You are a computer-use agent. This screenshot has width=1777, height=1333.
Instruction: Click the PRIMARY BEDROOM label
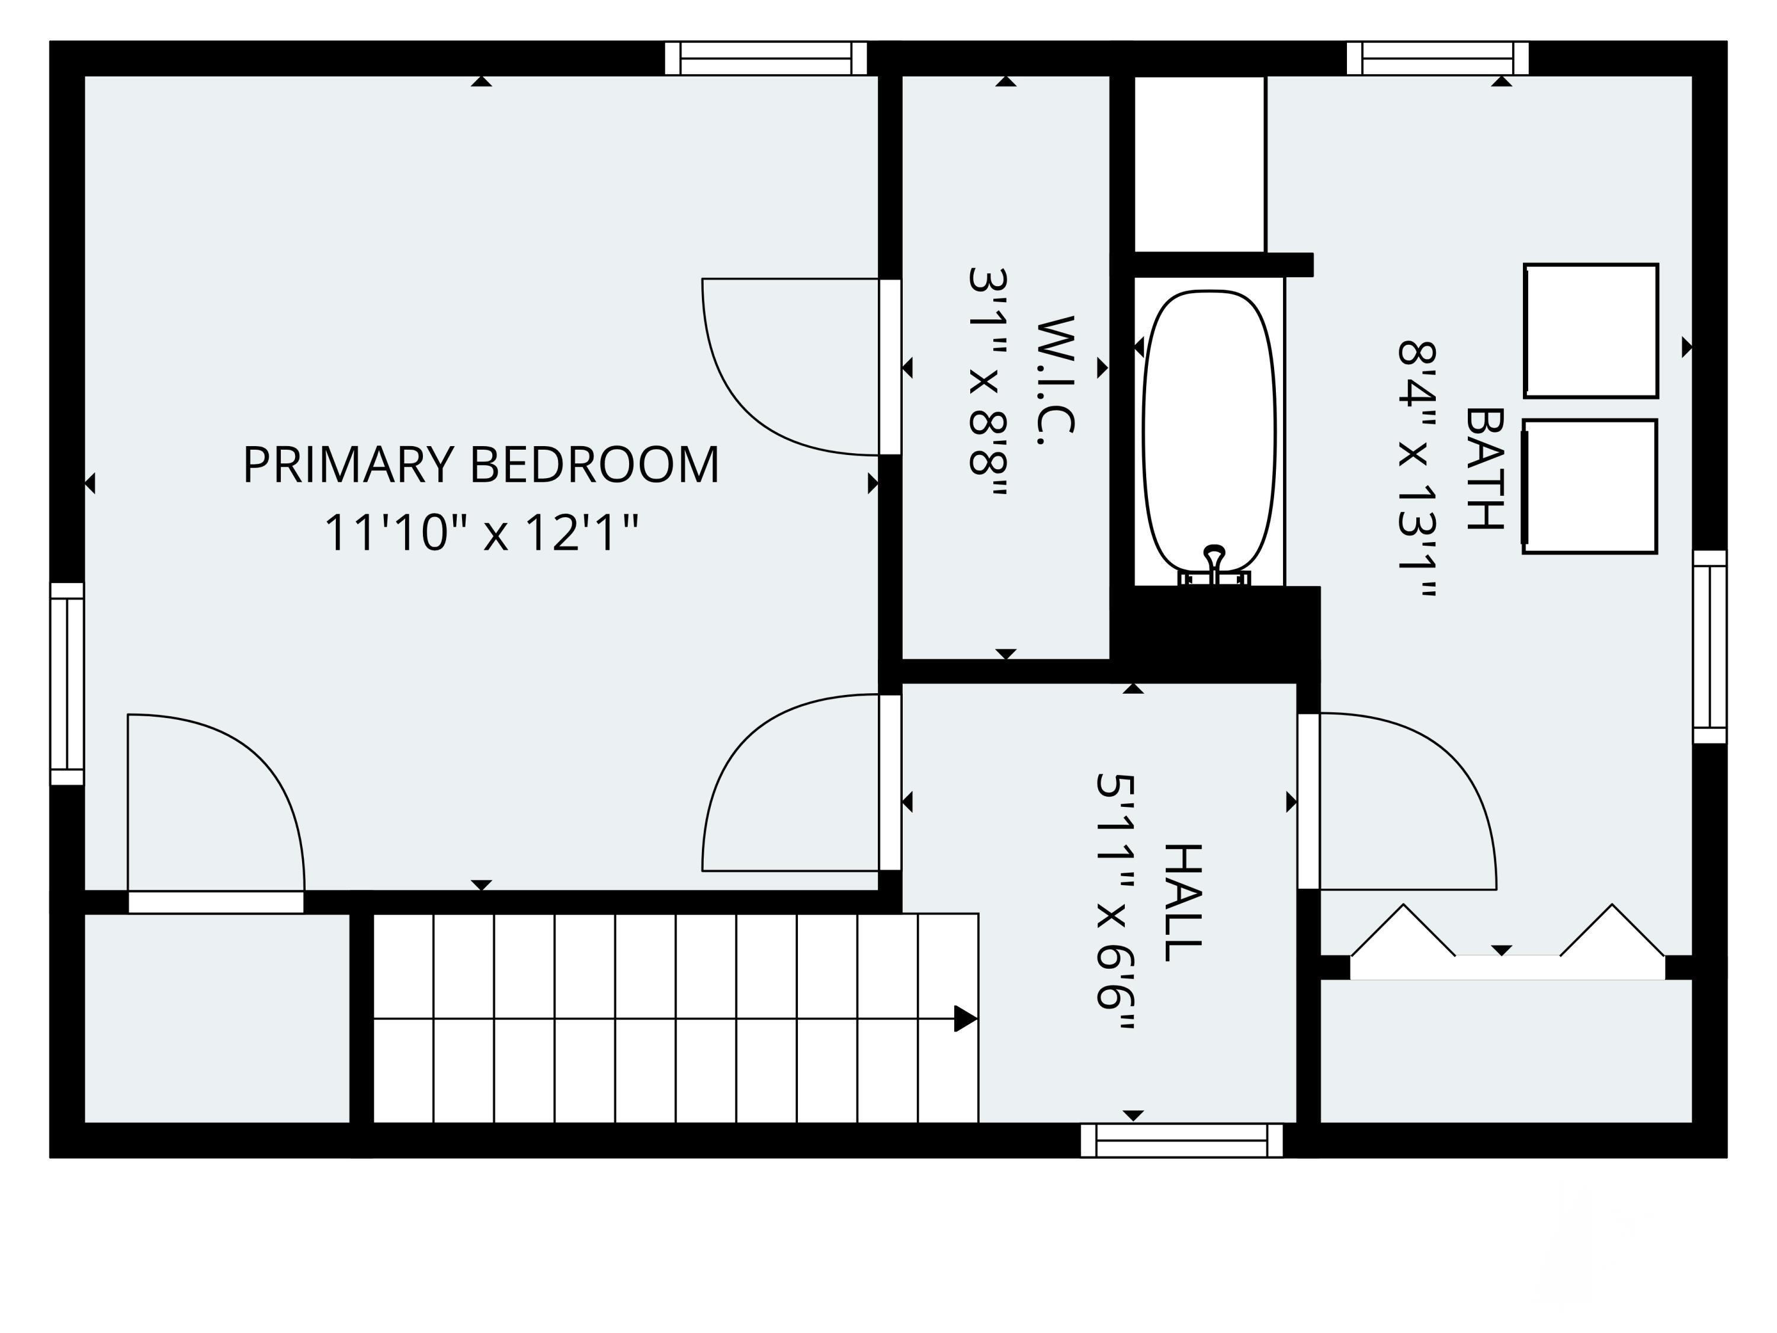tap(480, 464)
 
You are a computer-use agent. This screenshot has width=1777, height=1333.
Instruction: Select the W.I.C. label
tap(1055, 380)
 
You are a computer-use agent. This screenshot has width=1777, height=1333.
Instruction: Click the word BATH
tap(1484, 469)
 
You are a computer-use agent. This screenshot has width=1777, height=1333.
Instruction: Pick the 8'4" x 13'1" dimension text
tap(1416, 469)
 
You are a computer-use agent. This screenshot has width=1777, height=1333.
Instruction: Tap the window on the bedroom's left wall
tap(68, 683)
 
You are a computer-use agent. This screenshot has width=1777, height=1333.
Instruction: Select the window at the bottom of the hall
tap(1181, 1140)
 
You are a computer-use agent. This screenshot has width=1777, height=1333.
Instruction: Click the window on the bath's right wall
tap(1709, 647)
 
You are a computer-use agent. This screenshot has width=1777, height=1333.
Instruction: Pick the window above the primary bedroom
tap(765, 58)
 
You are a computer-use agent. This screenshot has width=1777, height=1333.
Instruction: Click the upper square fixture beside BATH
tap(1590, 330)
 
